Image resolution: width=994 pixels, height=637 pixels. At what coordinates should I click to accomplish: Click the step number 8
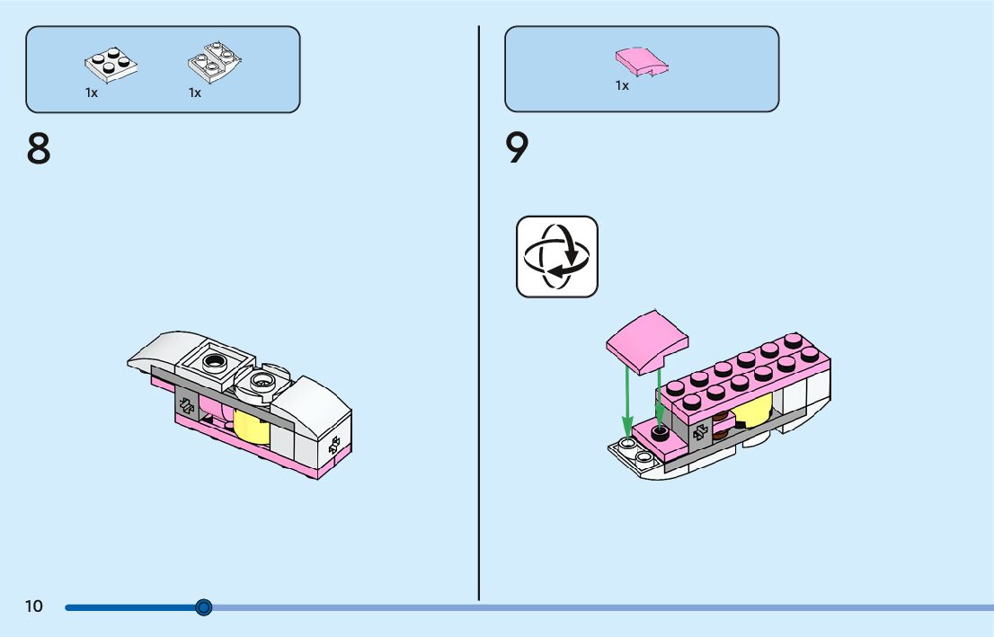39,149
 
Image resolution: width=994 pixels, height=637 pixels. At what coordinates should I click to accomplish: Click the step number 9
517,149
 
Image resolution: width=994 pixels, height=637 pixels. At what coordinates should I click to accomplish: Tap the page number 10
33,606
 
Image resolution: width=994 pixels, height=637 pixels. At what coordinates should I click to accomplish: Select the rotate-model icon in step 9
556,256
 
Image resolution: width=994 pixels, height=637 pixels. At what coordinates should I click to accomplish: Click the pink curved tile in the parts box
642,61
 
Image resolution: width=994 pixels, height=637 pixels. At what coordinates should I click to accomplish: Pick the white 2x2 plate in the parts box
111,66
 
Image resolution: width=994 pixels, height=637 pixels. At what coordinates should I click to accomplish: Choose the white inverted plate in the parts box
216,61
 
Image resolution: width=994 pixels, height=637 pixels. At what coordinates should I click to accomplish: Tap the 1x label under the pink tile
622,85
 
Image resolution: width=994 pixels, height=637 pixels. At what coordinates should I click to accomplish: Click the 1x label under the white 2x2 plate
92,93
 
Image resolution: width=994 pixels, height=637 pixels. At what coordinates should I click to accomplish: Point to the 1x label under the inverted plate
195,93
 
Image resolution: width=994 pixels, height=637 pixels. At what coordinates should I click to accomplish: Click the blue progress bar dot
204,607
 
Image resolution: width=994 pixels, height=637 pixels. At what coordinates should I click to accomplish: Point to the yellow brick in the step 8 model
252,424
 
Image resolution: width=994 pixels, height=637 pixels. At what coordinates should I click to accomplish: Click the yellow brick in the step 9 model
753,411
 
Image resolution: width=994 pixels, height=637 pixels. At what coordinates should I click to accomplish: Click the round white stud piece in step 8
262,383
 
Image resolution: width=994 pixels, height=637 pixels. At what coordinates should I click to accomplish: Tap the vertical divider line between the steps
479,314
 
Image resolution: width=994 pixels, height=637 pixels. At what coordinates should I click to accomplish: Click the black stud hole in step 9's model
661,433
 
